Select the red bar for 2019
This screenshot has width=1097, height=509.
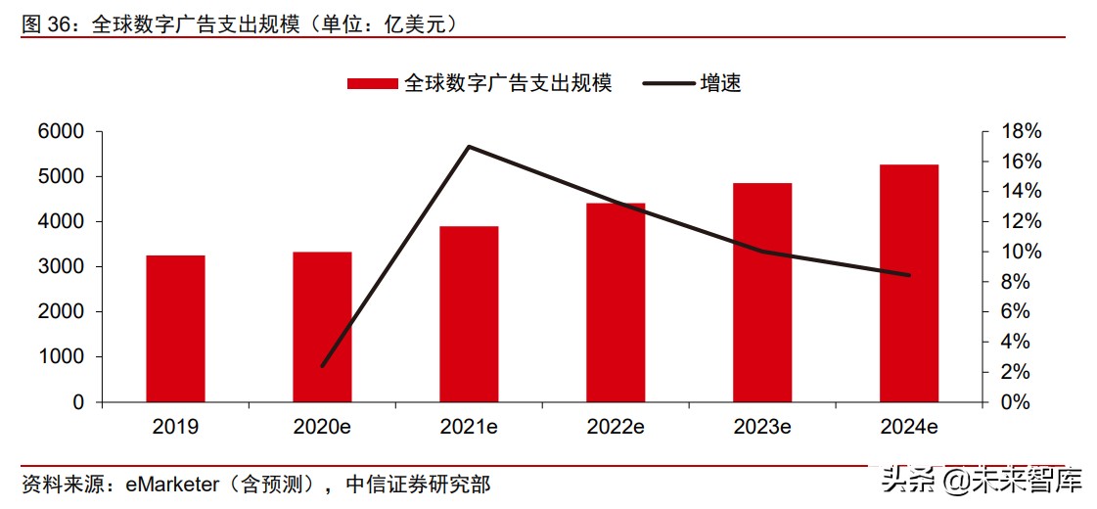tap(175, 329)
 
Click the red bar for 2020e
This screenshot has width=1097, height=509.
tap(322, 327)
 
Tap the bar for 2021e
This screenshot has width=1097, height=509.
tap(469, 314)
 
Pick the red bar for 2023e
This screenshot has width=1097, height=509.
tap(762, 293)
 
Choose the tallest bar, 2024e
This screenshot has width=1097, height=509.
tap(909, 284)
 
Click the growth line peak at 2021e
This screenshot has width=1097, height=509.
tap(469, 147)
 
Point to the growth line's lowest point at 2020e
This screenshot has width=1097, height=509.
tap(322, 366)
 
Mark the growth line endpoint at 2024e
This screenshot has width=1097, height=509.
tap(909, 275)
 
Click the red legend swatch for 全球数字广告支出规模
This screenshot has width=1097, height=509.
tap(373, 84)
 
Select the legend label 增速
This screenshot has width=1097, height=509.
tap(720, 84)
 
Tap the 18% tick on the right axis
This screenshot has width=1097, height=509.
tap(1019, 132)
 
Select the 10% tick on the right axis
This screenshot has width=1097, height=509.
tap(1019, 253)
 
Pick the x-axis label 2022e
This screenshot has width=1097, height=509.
tap(616, 428)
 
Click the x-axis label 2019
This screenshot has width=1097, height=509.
tap(175, 428)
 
